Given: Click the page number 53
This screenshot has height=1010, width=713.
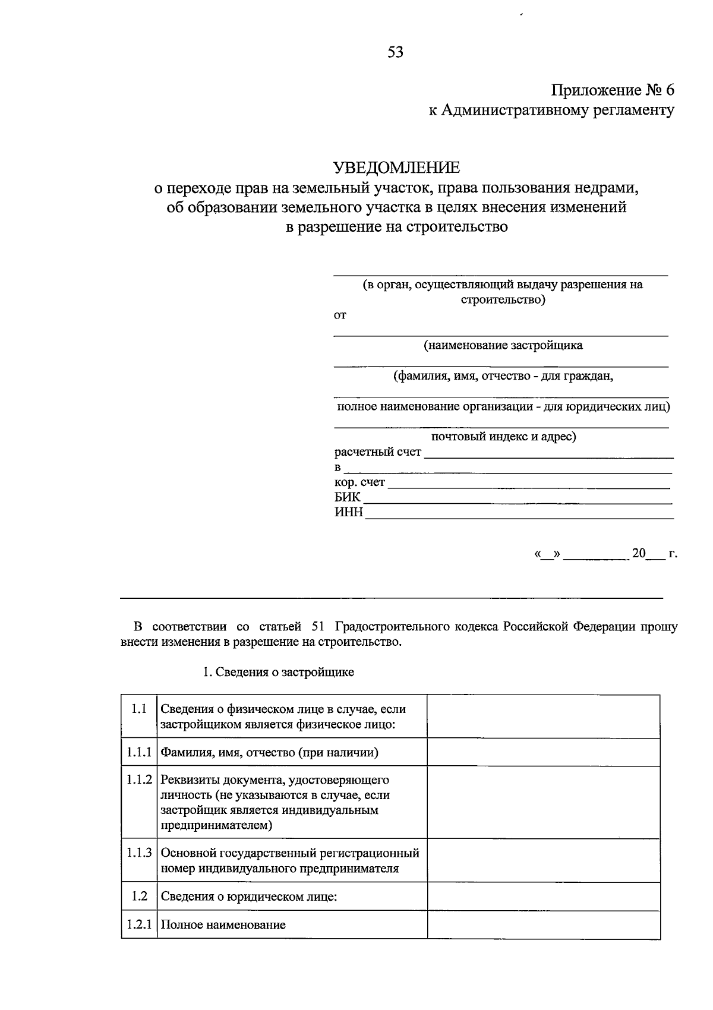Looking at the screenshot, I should tap(395, 53).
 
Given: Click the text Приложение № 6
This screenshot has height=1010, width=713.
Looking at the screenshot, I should tap(613, 90).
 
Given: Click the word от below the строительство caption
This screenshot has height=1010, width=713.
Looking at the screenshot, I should tap(340, 315).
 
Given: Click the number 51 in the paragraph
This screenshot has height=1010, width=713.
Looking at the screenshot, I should tap(317, 627).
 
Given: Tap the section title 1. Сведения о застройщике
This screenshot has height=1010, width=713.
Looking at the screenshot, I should tap(278, 672).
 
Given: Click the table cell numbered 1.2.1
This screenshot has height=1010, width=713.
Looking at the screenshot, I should tap(139, 924).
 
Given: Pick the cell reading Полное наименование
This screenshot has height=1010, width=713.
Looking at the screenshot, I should tap(223, 924).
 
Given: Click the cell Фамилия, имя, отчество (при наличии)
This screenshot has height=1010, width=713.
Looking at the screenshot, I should tap(270, 753).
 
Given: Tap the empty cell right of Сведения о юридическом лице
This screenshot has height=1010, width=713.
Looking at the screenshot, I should tap(543, 897).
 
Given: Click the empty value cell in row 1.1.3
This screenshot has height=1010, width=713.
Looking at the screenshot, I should tap(543, 860).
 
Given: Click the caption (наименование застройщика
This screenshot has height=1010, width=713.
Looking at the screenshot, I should tap(503, 345).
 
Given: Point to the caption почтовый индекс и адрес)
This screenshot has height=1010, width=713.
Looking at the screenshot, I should tap(503, 437).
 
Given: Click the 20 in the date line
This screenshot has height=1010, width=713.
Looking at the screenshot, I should tap(638, 553).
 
